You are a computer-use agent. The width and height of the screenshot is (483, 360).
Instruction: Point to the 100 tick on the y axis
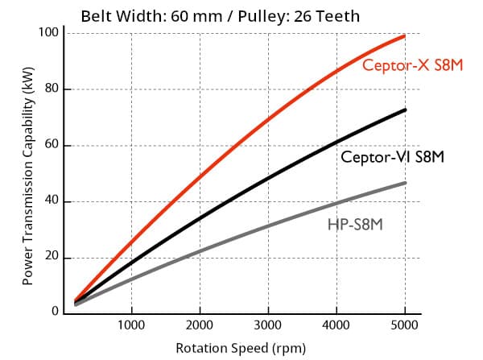[50, 32]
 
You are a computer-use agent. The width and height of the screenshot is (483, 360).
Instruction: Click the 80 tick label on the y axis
[52, 89]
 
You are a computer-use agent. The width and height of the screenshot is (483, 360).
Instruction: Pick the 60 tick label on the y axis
[52, 145]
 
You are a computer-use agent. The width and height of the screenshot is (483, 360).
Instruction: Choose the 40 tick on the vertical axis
[52, 201]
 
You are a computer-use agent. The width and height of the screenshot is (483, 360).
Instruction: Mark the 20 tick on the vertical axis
[52, 258]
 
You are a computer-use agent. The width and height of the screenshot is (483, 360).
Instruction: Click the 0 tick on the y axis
[56, 312]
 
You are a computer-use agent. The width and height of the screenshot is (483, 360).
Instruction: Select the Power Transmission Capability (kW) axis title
[27, 175]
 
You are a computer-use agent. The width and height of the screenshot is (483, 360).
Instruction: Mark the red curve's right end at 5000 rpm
[404, 35]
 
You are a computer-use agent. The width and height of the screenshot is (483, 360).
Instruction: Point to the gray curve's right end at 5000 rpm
[404, 183]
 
